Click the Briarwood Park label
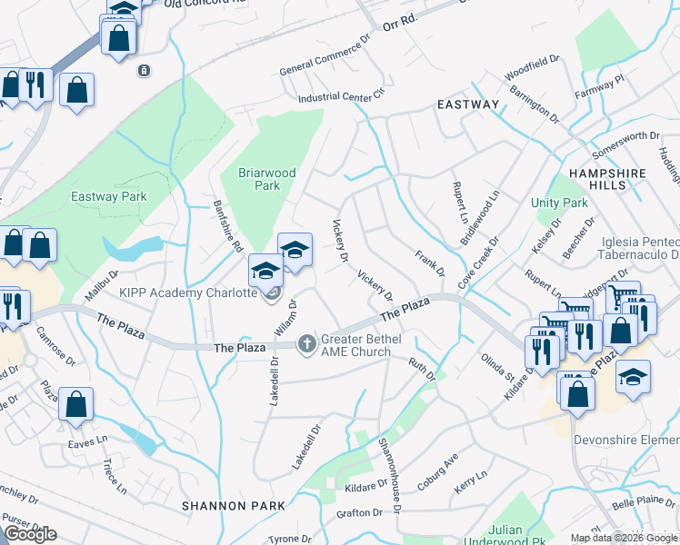pyautogui.click(x=260, y=178)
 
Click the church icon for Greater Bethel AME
pyautogui.click(x=307, y=343)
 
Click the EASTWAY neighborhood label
pyautogui.click(x=468, y=104)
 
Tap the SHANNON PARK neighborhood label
pyautogui.click(x=223, y=505)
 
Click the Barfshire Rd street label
pyautogui.click(x=227, y=226)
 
